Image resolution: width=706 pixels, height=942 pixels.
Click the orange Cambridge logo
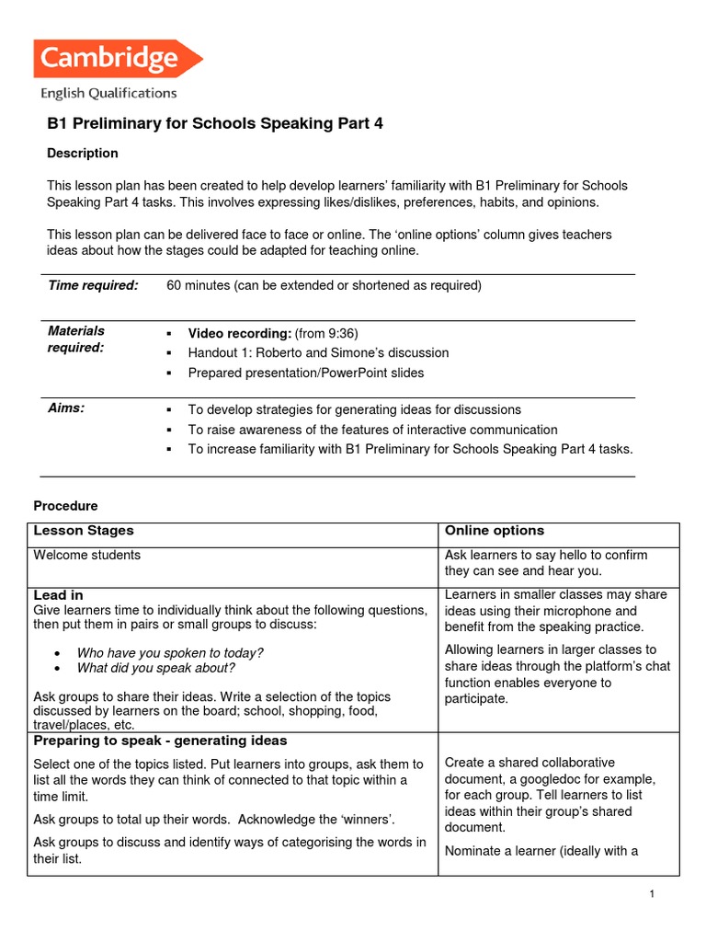click(117, 59)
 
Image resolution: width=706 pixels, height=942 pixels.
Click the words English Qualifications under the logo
click(108, 93)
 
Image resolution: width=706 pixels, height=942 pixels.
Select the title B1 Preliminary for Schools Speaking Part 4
click(214, 124)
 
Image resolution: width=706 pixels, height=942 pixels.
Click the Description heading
click(83, 154)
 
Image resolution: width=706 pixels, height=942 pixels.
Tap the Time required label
click(93, 285)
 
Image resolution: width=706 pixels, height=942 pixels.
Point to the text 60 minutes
click(198, 285)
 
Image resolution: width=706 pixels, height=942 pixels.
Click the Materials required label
click(76, 339)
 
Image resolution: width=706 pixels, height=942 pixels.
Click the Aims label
click(66, 408)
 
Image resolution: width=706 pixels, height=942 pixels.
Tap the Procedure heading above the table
click(65, 506)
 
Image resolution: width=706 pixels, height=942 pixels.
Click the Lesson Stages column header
click(84, 531)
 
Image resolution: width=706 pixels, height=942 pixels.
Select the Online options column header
click(494, 531)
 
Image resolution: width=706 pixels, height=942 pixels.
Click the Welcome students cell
click(87, 555)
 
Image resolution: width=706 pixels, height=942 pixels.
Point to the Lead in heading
click(58, 595)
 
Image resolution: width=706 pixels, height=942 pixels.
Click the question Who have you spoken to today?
click(170, 652)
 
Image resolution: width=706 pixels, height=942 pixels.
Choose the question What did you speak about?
click(156, 669)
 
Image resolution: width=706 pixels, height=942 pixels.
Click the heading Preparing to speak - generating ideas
click(160, 741)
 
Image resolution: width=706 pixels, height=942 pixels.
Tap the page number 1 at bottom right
click(651, 895)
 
